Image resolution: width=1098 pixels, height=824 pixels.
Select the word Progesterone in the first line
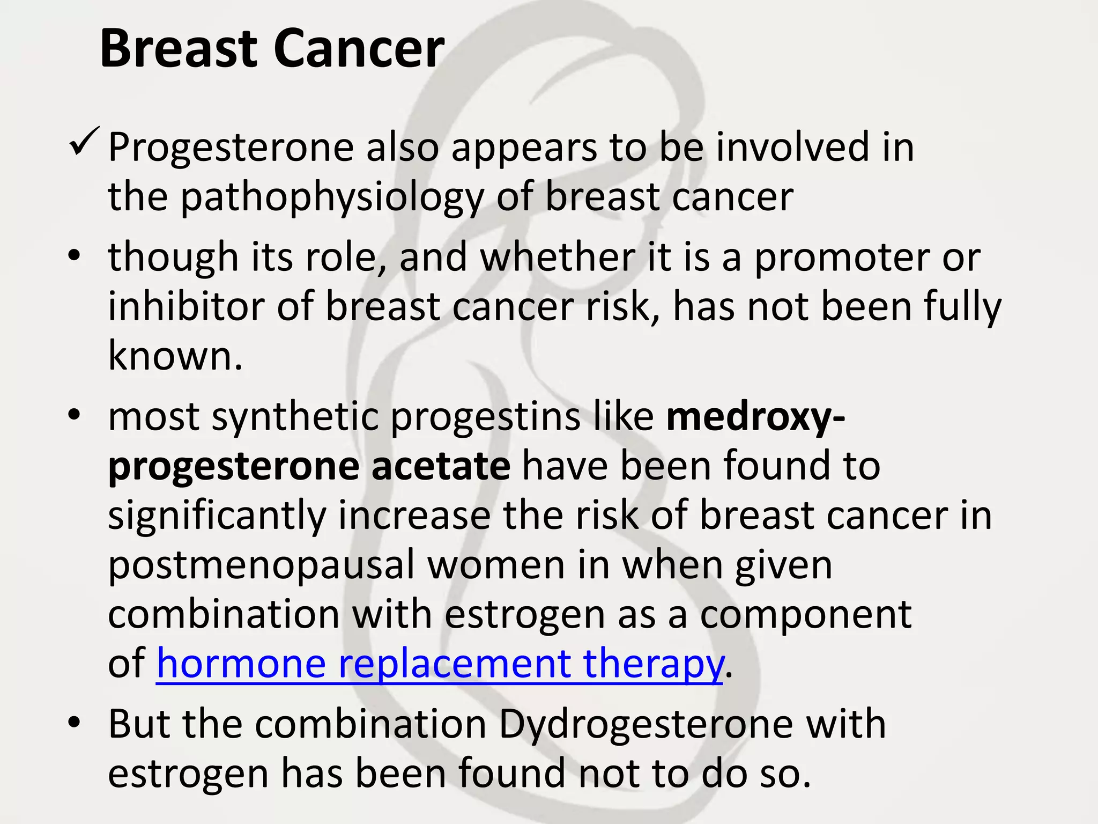pos(231,148)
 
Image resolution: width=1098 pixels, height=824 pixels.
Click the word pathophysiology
pos(332,198)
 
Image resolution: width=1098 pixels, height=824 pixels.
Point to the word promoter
pos(841,259)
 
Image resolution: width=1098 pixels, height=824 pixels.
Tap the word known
pos(175,356)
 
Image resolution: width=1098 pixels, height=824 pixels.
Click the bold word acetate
pos(440,466)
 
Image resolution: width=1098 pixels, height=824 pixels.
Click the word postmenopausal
pos(261,565)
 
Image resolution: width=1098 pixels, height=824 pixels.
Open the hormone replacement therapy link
pos(440,664)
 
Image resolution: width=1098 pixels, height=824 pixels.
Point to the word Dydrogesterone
pos(646,725)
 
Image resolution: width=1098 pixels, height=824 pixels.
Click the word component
pos(806,615)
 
